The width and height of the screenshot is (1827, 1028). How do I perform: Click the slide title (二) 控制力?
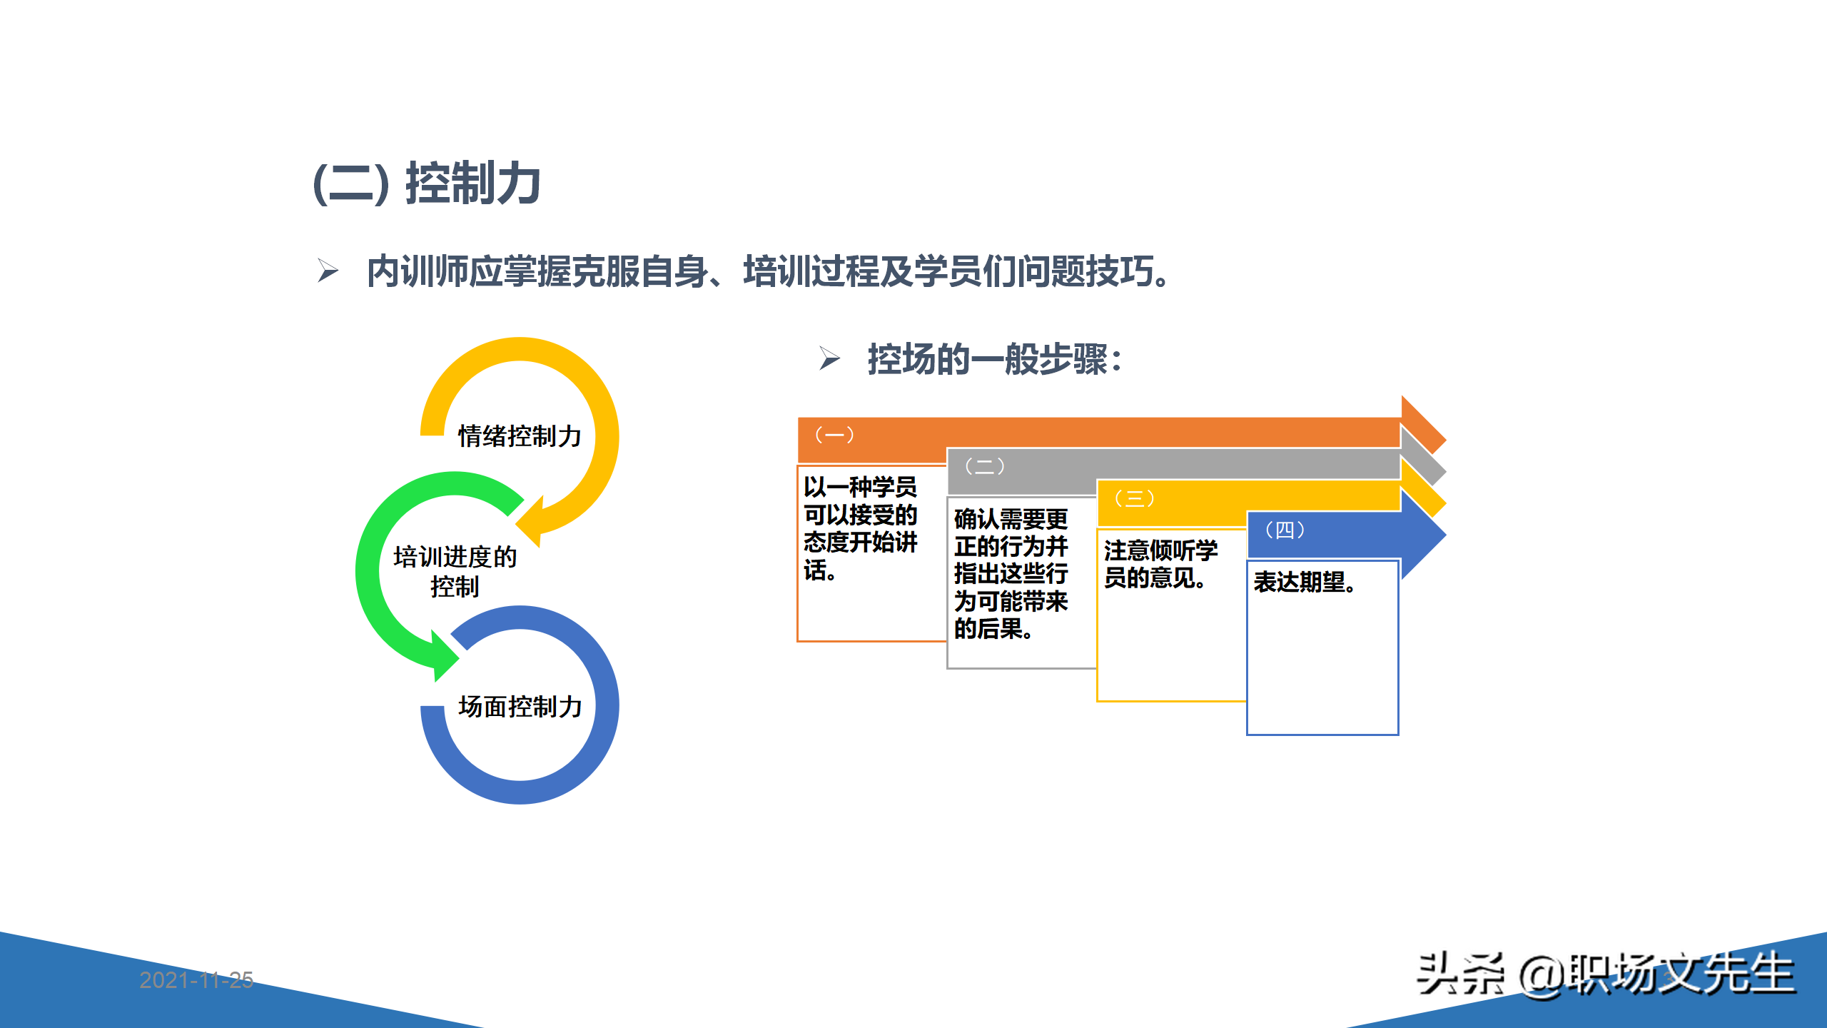(427, 183)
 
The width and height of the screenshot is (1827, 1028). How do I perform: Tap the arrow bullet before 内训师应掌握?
(328, 271)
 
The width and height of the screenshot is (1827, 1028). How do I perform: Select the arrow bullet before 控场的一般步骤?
(829, 358)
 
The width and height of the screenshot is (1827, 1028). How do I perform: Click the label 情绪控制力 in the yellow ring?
(520, 435)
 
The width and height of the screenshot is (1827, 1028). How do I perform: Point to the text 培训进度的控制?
(455, 571)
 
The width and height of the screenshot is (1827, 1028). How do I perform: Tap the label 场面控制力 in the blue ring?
(520, 706)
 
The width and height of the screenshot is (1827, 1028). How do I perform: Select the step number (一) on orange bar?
(834, 435)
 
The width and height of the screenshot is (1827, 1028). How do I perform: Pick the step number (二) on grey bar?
(984, 466)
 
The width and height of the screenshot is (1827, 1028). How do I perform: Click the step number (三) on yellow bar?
(1134, 498)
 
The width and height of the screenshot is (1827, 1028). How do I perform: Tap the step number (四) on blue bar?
(1285, 530)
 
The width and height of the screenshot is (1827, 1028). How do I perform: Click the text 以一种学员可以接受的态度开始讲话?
(860, 528)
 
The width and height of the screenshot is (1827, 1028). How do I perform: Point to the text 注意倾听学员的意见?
(1160, 564)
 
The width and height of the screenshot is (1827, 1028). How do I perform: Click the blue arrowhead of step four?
(1424, 534)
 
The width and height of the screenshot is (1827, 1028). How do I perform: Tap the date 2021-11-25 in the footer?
(196, 980)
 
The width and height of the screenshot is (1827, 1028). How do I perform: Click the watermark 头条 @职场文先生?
(1605, 974)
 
